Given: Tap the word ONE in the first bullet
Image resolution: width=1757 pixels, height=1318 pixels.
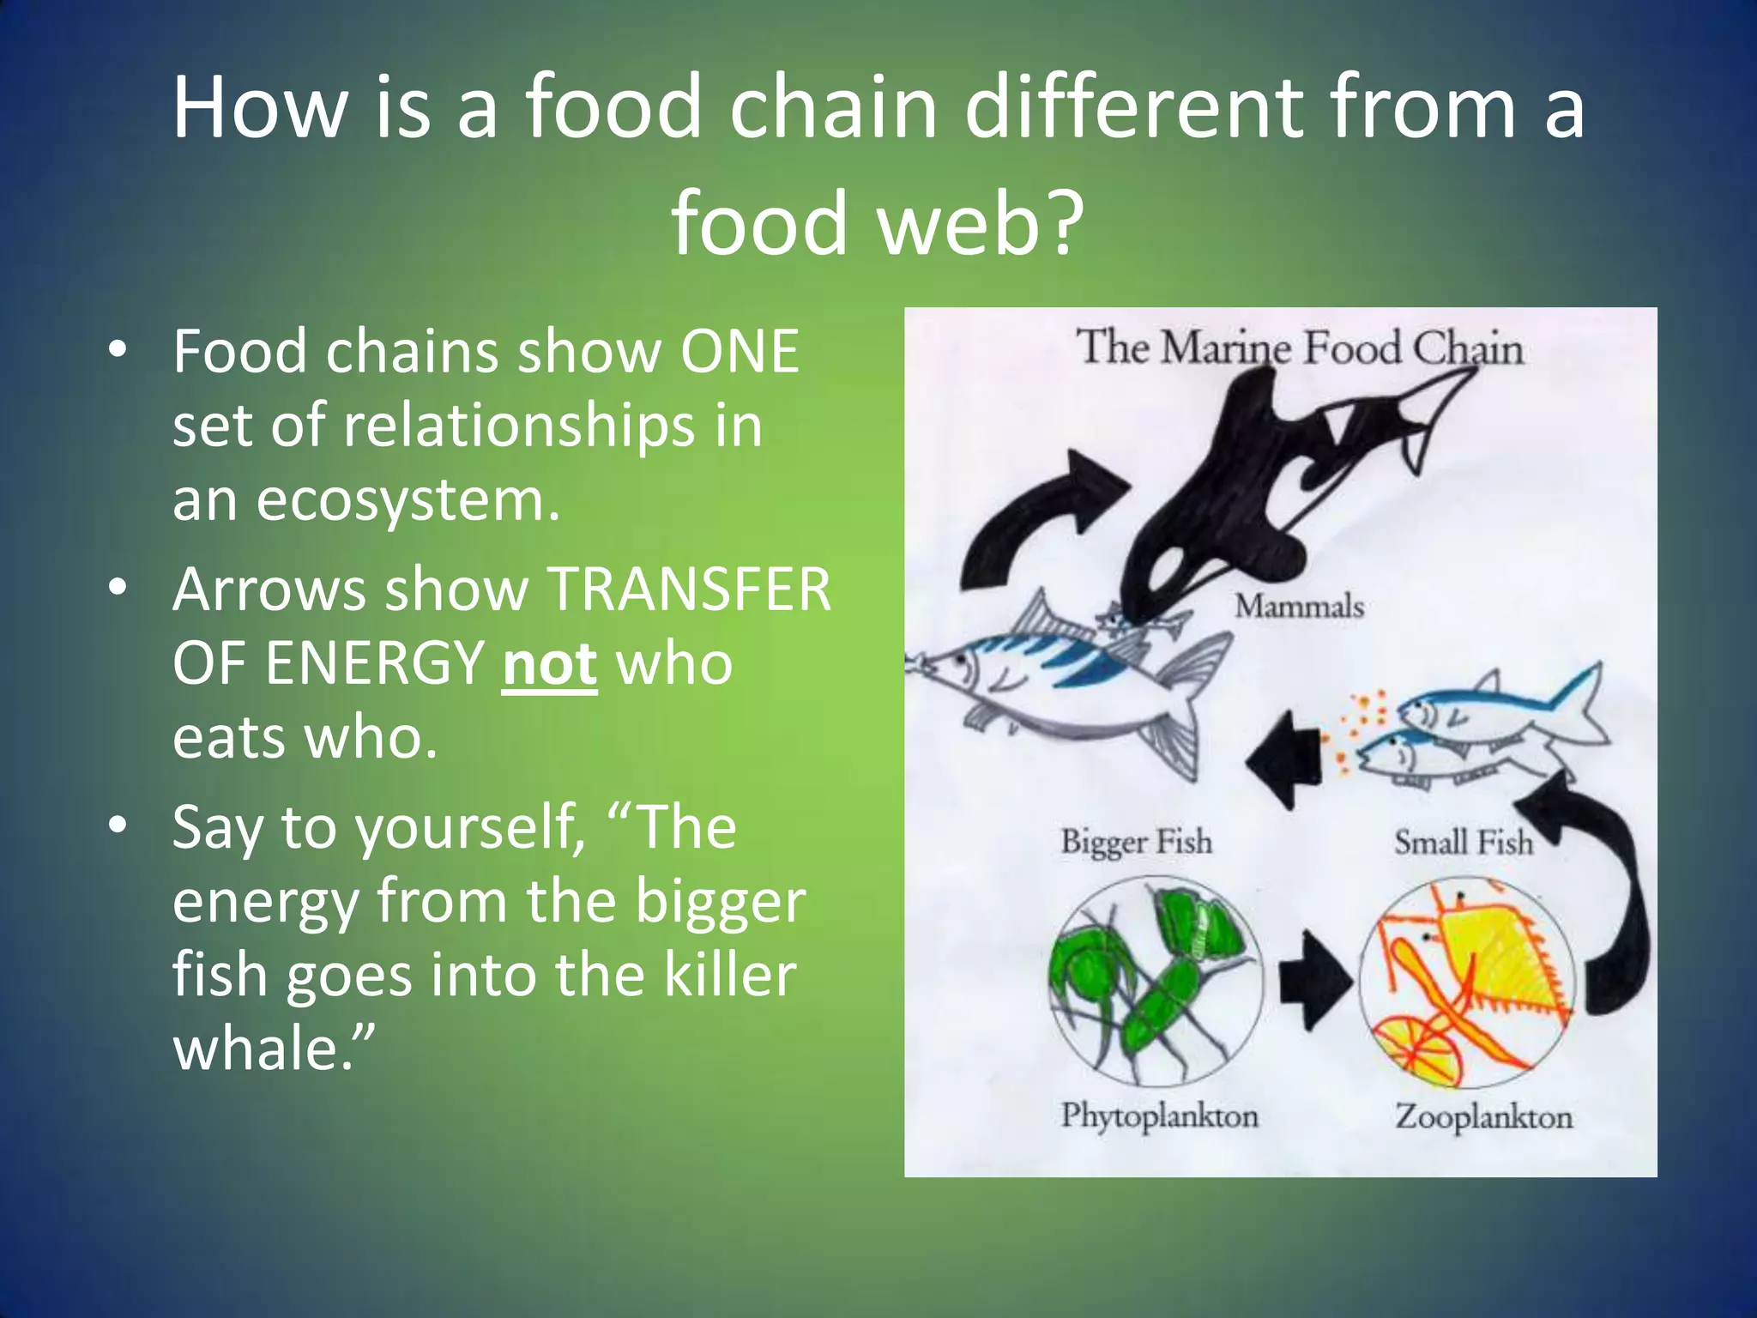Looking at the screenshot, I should point(740,352).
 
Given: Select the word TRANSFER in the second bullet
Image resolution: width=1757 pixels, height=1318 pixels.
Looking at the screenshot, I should point(689,590).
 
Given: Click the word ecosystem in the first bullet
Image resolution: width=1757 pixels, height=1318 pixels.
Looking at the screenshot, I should point(408,499).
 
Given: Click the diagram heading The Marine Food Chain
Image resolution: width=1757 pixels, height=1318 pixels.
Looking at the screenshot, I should point(1299,348).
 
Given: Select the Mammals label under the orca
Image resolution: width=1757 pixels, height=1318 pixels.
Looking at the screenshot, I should point(1299,607).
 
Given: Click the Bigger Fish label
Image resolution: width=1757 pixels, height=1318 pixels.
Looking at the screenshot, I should point(1136,841).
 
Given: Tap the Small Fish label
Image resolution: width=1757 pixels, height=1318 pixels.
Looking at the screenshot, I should point(1463,842).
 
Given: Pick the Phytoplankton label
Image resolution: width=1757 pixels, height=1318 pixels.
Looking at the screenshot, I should point(1159,1115).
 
